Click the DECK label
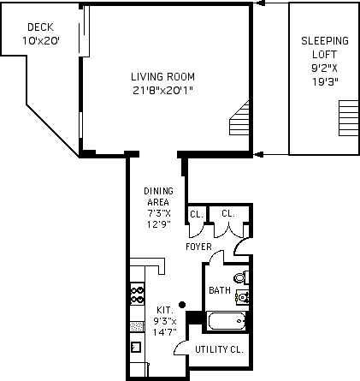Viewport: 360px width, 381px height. click(41, 27)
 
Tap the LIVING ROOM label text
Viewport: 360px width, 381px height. click(162, 77)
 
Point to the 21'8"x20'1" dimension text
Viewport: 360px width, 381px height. click(162, 91)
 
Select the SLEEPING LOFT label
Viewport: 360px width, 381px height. click(325, 47)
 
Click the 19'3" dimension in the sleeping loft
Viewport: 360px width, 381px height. click(325, 82)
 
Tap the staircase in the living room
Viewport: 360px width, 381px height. click(239, 117)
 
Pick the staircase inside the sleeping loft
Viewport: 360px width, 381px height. click(349, 118)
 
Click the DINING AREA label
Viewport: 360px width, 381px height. click(158, 197)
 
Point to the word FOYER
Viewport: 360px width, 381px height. click(198, 247)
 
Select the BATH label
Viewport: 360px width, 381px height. click(220, 290)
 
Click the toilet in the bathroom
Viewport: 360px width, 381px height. click(241, 277)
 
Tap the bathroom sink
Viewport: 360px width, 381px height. click(242, 297)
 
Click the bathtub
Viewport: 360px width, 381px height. click(227, 321)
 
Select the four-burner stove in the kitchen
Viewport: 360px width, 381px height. click(137, 294)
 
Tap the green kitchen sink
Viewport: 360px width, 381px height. click(137, 326)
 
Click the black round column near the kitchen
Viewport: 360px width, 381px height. click(182, 305)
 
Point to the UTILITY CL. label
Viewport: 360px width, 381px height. click(219, 349)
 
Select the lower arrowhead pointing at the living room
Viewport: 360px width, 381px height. click(258, 155)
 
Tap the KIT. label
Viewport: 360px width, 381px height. click(165, 310)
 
